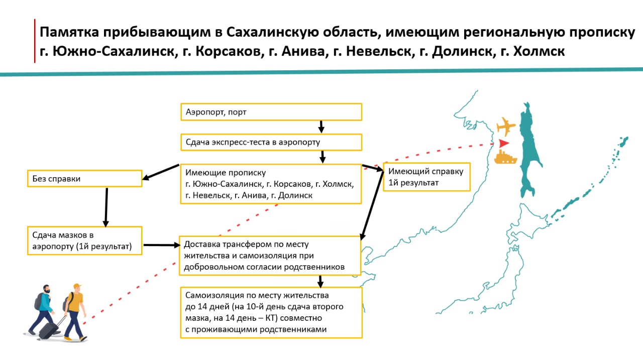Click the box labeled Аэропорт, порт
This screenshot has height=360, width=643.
[x=271, y=112]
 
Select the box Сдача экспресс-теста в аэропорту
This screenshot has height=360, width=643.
[x=271, y=142]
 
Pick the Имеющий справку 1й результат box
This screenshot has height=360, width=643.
[x=426, y=177]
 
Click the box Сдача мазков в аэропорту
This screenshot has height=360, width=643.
[x=84, y=240]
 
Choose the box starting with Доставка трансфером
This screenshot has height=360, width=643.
[x=270, y=256]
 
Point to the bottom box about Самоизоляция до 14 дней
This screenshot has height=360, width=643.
[x=271, y=312]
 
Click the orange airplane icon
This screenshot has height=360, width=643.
[x=505, y=126]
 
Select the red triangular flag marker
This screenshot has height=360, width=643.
[x=503, y=143]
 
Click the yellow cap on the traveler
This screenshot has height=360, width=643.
[x=76, y=287]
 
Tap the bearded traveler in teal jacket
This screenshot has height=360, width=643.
[x=44, y=309]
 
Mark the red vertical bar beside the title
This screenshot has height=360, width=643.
[x=35, y=41]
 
